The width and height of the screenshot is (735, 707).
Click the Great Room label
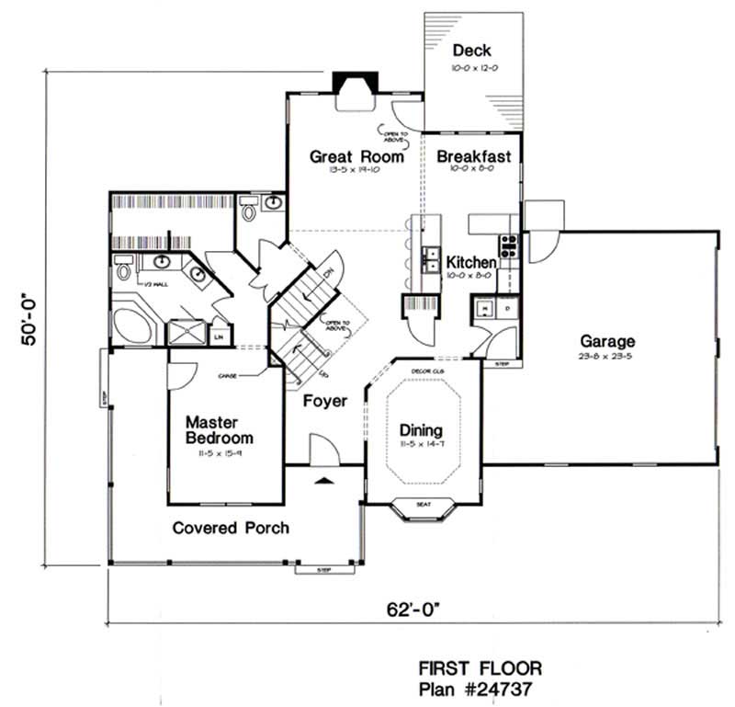(x=356, y=156)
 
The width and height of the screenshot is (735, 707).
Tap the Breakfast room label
(x=473, y=156)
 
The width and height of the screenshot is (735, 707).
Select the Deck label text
(x=473, y=50)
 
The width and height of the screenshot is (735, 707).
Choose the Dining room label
(x=422, y=429)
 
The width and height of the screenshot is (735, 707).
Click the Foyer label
(x=325, y=401)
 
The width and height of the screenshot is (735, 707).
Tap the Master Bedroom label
(x=219, y=429)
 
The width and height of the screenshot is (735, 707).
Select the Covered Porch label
(x=231, y=528)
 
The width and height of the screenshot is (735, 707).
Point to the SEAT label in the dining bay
(x=424, y=503)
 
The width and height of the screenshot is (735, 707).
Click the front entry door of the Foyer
(x=323, y=453)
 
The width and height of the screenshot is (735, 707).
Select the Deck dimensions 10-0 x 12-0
(x=473, y=68)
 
